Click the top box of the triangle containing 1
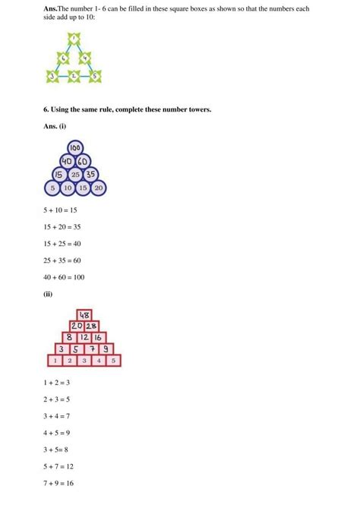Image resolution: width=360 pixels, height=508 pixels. [74, 37]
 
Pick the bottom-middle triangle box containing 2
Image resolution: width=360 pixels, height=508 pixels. [74, 75]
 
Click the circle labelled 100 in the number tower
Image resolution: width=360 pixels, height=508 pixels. [75, 148]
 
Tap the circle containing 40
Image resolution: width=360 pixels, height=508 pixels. [68, 161]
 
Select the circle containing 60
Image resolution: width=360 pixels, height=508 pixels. [84, 161]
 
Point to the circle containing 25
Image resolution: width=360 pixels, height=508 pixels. [75, 174]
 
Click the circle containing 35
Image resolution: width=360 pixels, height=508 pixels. [91, 174]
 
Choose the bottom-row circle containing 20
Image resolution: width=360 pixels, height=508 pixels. [99, 188]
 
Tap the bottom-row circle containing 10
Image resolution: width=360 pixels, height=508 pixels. [68, 188]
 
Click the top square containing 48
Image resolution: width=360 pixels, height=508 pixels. [84, 315]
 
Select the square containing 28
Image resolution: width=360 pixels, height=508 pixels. [91, 326]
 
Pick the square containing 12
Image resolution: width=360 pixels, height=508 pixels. [84, 337]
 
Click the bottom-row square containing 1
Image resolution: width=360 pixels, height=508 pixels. [55, 360]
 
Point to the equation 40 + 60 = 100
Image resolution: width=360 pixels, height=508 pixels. [65, 277]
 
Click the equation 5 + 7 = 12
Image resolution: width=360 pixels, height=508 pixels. [61, 467]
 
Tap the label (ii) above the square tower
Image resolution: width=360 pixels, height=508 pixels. [49, 295]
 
